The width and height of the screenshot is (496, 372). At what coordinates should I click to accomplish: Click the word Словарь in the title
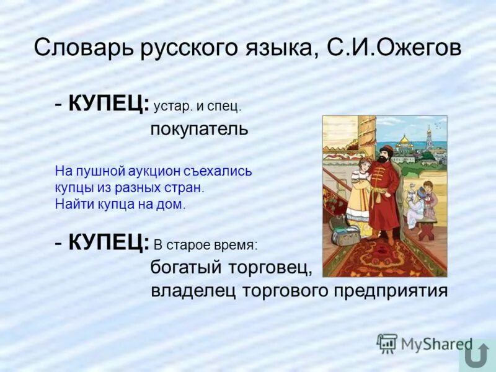pyautogui.click(x=72, y=48)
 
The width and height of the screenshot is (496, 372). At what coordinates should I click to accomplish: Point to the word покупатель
pyautogui.click(x=199, y=129)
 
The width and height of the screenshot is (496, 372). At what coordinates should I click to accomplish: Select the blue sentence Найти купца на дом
pyautogui.click(x=120, y=204)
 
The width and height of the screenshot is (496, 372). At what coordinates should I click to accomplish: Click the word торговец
pyautogui.click(x=270, y=268)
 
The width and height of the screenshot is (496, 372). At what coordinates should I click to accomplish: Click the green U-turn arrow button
pyautogui.click(x=477, y=357)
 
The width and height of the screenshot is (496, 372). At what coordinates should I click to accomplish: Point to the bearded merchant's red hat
pyautogui.click(x=386, y=150)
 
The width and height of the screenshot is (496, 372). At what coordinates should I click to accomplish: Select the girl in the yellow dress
pyautogui.click(x=359, y=192)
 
